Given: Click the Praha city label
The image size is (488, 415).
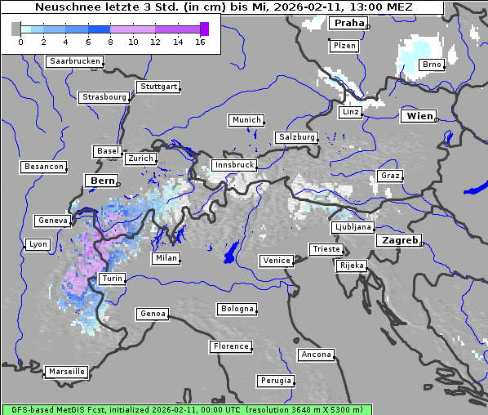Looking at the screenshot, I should pyautogui.click(x=348, y=24).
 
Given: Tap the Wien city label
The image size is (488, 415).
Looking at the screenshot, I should pyautogui.click(x=418, y=117).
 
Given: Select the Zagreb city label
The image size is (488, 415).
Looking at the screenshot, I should pyautogui.click(x=398, y=241).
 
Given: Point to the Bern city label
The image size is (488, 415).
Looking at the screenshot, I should pyautogui.click(x=102, y=181).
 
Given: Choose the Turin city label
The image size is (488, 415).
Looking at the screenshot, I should pyautogui.click(x=112, y=279).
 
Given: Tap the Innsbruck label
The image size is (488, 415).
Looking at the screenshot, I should pyautogui.click(x=233, y=165).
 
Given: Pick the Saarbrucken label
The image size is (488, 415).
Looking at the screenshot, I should pyautogui.click(x=75, y=61).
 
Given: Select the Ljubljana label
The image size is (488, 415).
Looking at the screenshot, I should pyautogui.click(x=353, y=227).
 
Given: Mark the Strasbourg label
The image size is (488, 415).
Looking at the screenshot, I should pyautogui.click(x=104, y=97).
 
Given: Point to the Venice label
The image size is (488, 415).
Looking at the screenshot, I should pyautogui.click(x=276, y=261).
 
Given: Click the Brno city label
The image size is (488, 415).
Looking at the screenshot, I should pyautogui.click(x=431, y=65).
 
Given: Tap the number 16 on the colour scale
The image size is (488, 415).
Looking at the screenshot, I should pyautogui.click(x=200, y=42).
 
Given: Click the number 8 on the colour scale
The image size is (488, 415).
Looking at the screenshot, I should pyautogui.click(x=110, y=42).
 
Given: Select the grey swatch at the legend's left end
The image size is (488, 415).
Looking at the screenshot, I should pyautogui.click(x=16, y=29).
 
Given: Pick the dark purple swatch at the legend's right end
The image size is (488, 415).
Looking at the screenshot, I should pyautogui.click(x=204, y=29).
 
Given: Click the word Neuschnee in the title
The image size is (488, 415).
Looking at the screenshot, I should pyautogui.click(x=64, y=7).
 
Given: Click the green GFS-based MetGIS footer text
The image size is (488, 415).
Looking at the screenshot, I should pyautogui.click(x=186, y=409).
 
